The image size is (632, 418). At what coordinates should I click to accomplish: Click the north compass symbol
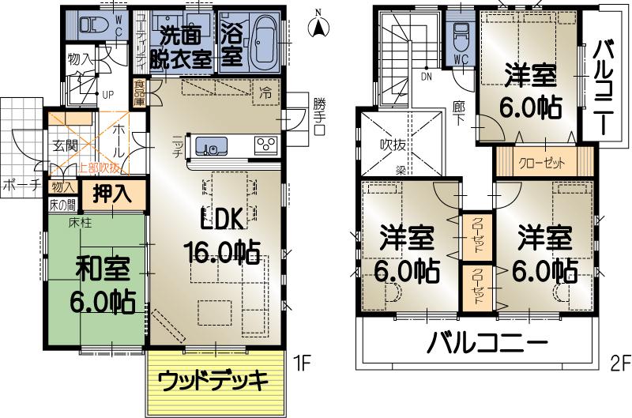click(x=318, y=25)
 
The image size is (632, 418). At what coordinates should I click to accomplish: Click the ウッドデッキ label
click(x=214, y=380)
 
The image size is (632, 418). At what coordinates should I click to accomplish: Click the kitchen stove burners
click(x=265, y=145)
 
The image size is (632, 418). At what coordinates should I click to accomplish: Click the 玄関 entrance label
click(x=66, y=146)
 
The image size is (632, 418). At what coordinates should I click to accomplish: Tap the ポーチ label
click(x=21, y=187)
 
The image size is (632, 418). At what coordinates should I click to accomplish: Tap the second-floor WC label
click(x=462, y=58)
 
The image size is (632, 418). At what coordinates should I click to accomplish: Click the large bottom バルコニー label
click(x=487, y=345)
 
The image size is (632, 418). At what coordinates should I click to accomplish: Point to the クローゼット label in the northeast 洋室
click(x=543, y=164)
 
